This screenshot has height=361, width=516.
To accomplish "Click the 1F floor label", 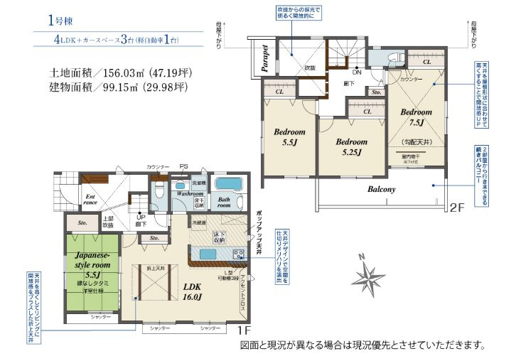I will point(243,330).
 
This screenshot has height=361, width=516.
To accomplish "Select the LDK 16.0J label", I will point(194,291).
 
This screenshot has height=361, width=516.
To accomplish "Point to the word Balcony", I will point(381,190).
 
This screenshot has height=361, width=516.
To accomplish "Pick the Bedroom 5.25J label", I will point(351,146).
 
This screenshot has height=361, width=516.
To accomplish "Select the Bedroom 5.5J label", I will point(289,137).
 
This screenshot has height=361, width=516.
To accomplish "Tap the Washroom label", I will point(190,193).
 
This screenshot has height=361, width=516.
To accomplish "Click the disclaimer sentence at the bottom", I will point(362,346).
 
